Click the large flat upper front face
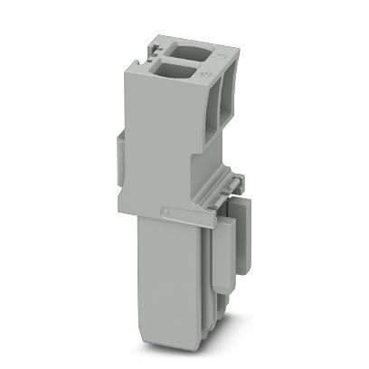163,136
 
